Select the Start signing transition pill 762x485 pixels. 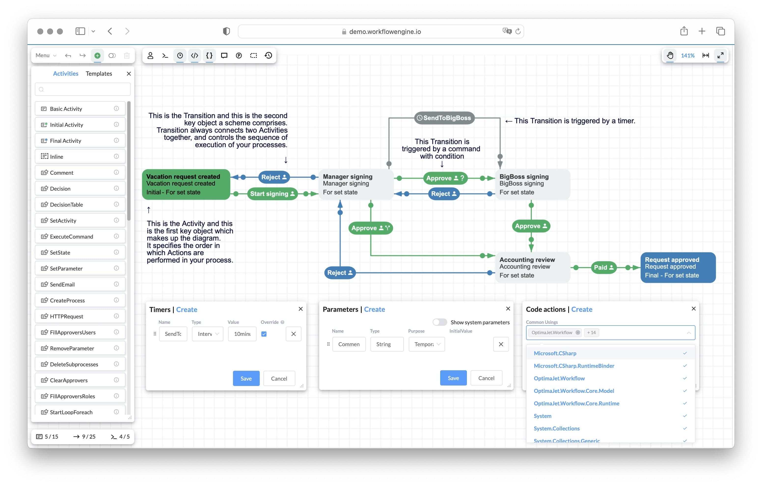click(x=272, y=194)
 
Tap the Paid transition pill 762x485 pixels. click(x=603, y=267)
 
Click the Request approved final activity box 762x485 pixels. click(x=678, y=267)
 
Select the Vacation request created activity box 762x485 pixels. click(x=186, y=184)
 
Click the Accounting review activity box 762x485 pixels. click(x=532, y=267)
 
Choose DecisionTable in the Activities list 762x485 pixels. click(x=67, y=204)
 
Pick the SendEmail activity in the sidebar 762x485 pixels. click(x=62, y=284)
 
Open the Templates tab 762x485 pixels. click(x=99, y=73)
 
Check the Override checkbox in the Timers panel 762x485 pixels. click(x=264, y=334)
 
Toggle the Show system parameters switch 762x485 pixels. click(x=439, y=322)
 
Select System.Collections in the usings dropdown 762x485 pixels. click(x=557, y=428)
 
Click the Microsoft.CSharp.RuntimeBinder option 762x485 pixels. click(x=574, y=366)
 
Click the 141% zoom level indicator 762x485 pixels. click(x=687, y=56)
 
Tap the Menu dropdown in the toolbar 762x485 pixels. click(x=46, y=56)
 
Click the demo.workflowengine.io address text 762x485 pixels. click(x=385, y=31)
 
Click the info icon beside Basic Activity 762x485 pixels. click(x=116, y=108)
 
